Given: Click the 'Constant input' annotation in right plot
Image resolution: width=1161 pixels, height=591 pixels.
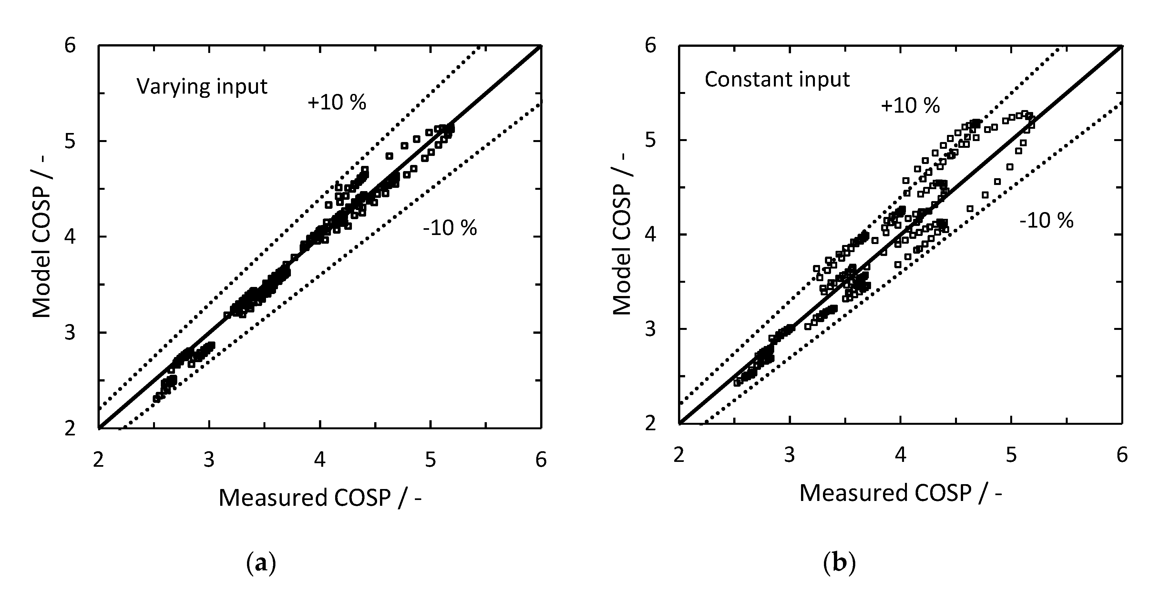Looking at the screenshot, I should point(777,80).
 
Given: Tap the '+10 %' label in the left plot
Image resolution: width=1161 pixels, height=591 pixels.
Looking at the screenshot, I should point(337,103).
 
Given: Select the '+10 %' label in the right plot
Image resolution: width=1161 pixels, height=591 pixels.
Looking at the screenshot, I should point(910,106).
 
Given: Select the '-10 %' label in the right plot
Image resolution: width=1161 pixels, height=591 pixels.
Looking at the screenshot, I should point(1046,221).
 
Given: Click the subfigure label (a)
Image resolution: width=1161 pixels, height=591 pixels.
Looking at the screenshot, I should point(262,563).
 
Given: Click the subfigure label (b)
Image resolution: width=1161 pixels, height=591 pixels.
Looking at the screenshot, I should point(839,563).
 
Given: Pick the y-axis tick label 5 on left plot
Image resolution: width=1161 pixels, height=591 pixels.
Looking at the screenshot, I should point(70,141).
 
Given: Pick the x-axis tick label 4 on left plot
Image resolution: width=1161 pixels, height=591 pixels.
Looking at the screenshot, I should point(320,459).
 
